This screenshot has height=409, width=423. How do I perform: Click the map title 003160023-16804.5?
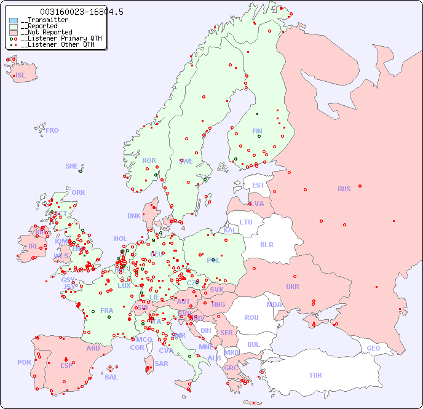point(81,12)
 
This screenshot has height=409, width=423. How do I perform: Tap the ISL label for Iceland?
point(21,76)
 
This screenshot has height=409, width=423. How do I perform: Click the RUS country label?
point(344,189)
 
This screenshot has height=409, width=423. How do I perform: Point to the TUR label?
point(315,375)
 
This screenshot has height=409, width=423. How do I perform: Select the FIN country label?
point(257,131)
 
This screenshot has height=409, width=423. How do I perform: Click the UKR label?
point(292,287)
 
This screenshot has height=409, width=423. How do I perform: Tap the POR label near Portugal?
point(24,362)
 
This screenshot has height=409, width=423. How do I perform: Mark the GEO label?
point(373,348)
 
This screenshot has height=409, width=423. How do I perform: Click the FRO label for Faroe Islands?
point(52,130)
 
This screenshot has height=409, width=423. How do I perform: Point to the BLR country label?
point(267,244)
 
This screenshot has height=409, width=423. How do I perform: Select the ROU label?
point(251,317)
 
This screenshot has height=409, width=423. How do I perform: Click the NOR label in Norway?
point(149,161)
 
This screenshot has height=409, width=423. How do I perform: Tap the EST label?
point(258,185)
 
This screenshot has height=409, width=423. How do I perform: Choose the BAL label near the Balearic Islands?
point(111,377)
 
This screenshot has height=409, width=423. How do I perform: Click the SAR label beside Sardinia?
point(161,363)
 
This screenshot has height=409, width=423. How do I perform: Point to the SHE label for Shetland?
point(71,166)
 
